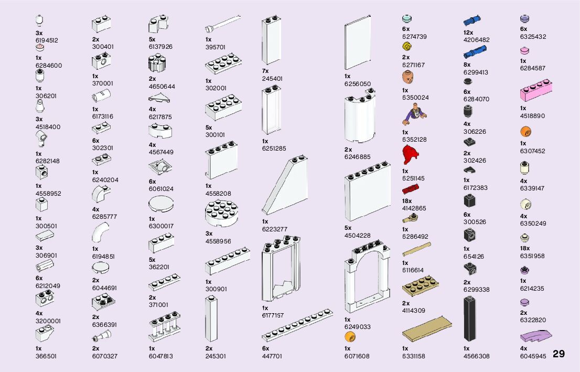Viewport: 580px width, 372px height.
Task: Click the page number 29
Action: (x=558, y=354)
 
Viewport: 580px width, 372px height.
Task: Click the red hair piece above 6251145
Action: (x=412, y=155)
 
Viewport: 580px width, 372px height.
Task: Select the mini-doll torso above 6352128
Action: (x=415, y=114)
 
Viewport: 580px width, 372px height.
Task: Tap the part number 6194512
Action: (x=47, y=40)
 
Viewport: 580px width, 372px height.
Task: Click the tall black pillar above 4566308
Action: (x=470, y=318)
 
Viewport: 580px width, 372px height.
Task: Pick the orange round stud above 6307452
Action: (x=525, y=131)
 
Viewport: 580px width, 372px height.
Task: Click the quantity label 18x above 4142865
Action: (x=407, y=201)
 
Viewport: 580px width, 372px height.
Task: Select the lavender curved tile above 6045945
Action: (x=536, y=336)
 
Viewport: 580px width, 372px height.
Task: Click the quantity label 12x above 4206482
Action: (x=468, y=33)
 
